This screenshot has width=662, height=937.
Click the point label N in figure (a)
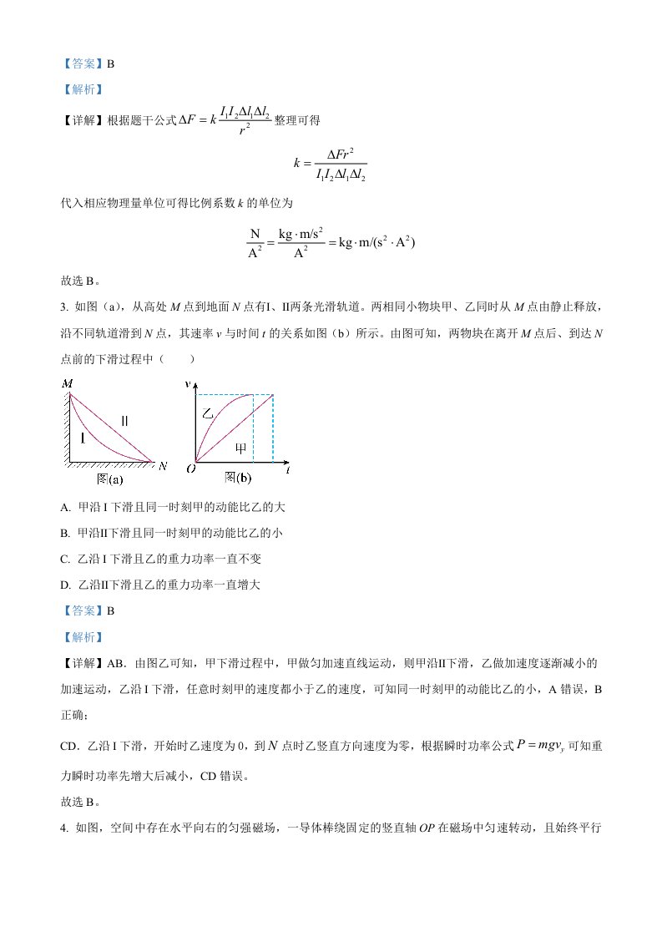pyautogui.click(x=162, y=464)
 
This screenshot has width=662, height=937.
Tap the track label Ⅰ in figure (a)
pyautogui.click(x=83, y=437)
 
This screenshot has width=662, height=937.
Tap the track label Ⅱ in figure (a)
pyautogui.click(x=124, y=420)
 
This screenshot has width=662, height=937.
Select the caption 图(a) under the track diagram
pyautogui.click(x=110, y=479)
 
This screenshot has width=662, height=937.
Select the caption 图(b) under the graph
pyautogui.click(x=238, y=478)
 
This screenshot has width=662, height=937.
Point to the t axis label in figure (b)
pyautogui.click(x=286, y=470)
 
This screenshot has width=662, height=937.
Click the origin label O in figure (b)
pyautogui.click(x=191, y=470)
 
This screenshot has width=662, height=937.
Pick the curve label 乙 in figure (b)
pyautogui.click(x=209, y=413)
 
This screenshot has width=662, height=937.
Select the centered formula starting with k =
pyautogui.click(x=330, y=163)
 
